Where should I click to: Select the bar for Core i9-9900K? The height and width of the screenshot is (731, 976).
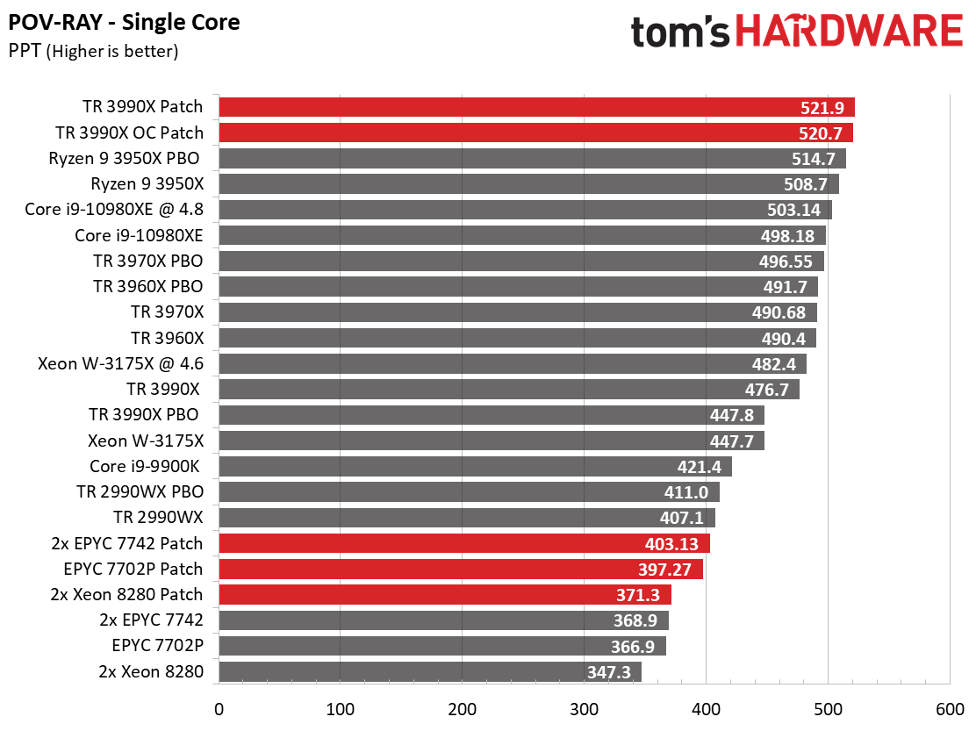pos(474,466)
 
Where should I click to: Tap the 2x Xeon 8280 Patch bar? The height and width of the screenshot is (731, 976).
pos(444,594)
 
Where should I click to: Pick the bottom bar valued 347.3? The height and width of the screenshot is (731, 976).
pos(429,672)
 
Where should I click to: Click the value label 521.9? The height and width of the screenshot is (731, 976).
pos(822,108)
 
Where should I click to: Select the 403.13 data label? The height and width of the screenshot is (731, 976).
pos(674,543)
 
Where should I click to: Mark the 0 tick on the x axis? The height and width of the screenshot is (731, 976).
pos(219,707)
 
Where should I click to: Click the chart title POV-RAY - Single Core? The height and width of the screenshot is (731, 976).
pos(124,22)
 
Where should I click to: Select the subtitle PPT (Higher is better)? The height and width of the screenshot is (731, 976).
pos(94,51)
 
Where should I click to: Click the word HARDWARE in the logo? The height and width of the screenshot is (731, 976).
pos(849,31)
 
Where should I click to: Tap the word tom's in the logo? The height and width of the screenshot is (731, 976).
pos(681,32)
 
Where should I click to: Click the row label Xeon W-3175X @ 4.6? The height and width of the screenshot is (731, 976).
pos(120,363)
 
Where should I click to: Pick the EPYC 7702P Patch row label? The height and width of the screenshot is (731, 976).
pos(133,568)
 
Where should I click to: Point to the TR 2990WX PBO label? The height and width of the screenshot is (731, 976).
pos(136,491)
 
